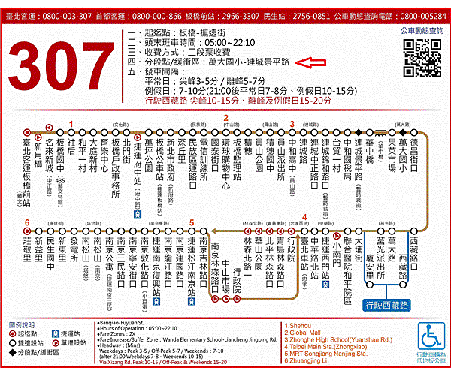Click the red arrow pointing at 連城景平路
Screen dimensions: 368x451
coord(308,63)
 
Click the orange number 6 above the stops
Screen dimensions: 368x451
coord(27,222)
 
